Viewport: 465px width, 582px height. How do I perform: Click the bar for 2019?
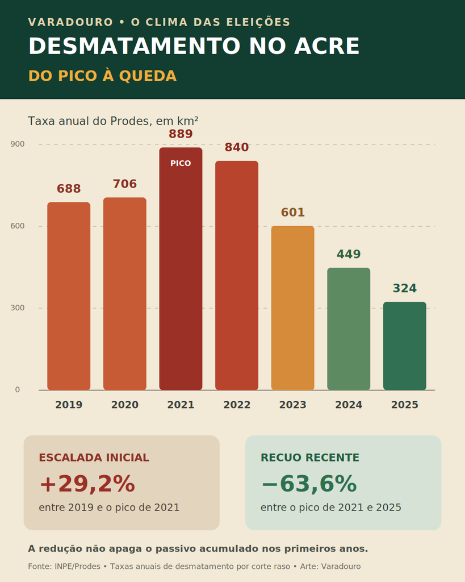[69, 296]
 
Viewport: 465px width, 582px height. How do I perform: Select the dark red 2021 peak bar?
[181, 269]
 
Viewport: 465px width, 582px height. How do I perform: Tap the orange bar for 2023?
[292, 308]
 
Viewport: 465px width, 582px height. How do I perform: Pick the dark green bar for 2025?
[405, 346]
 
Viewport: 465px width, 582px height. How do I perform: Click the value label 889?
[181, 134]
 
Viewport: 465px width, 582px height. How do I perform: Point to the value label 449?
[349, 254]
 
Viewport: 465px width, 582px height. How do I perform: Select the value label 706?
[124, 184]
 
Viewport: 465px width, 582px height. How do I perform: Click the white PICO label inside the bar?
[181, 163]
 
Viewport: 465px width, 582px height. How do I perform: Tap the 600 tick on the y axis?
[18, 226]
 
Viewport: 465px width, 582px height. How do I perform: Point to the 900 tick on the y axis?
[18, 144]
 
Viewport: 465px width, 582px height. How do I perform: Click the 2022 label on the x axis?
[237, 405]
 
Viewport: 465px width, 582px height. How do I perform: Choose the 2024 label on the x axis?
[349, 405]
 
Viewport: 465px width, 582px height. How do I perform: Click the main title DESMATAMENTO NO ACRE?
[194, 46]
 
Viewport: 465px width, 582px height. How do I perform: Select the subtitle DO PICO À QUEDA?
[102, 76]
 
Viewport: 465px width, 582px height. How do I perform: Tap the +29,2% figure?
[87, 484]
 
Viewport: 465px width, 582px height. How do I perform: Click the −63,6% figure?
[309, 484]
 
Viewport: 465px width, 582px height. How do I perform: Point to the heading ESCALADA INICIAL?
[94, 458]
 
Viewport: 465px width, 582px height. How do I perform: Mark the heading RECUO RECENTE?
[310, 458]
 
